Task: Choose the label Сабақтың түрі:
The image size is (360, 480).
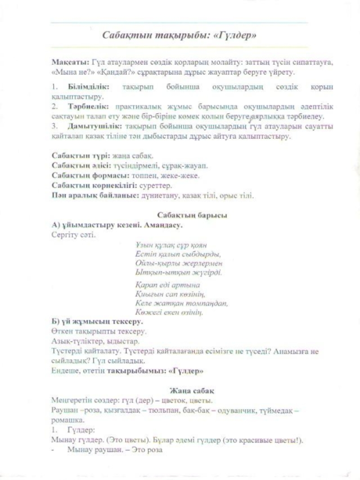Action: pos(79,155)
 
